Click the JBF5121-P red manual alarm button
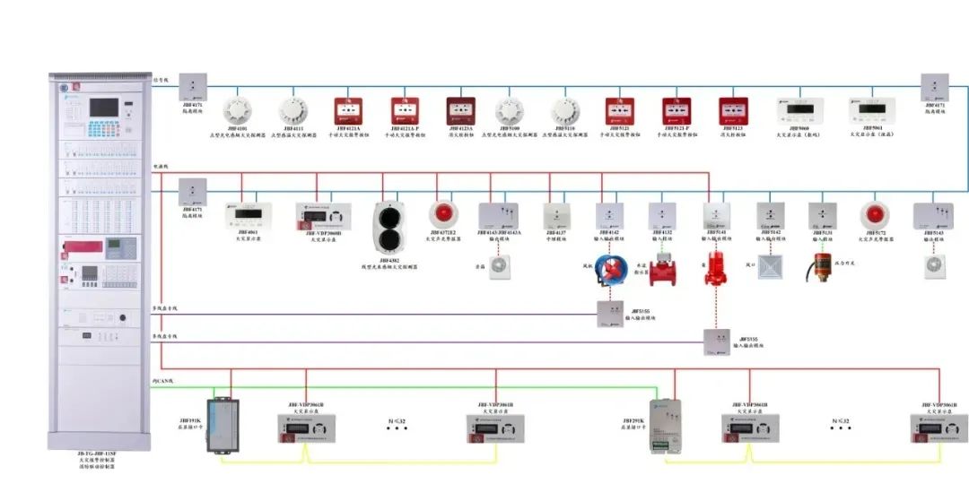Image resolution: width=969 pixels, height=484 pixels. point(677,111)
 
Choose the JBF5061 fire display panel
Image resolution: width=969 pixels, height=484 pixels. point(866,111)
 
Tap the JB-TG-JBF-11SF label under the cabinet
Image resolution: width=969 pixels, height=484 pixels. point(95,454)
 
